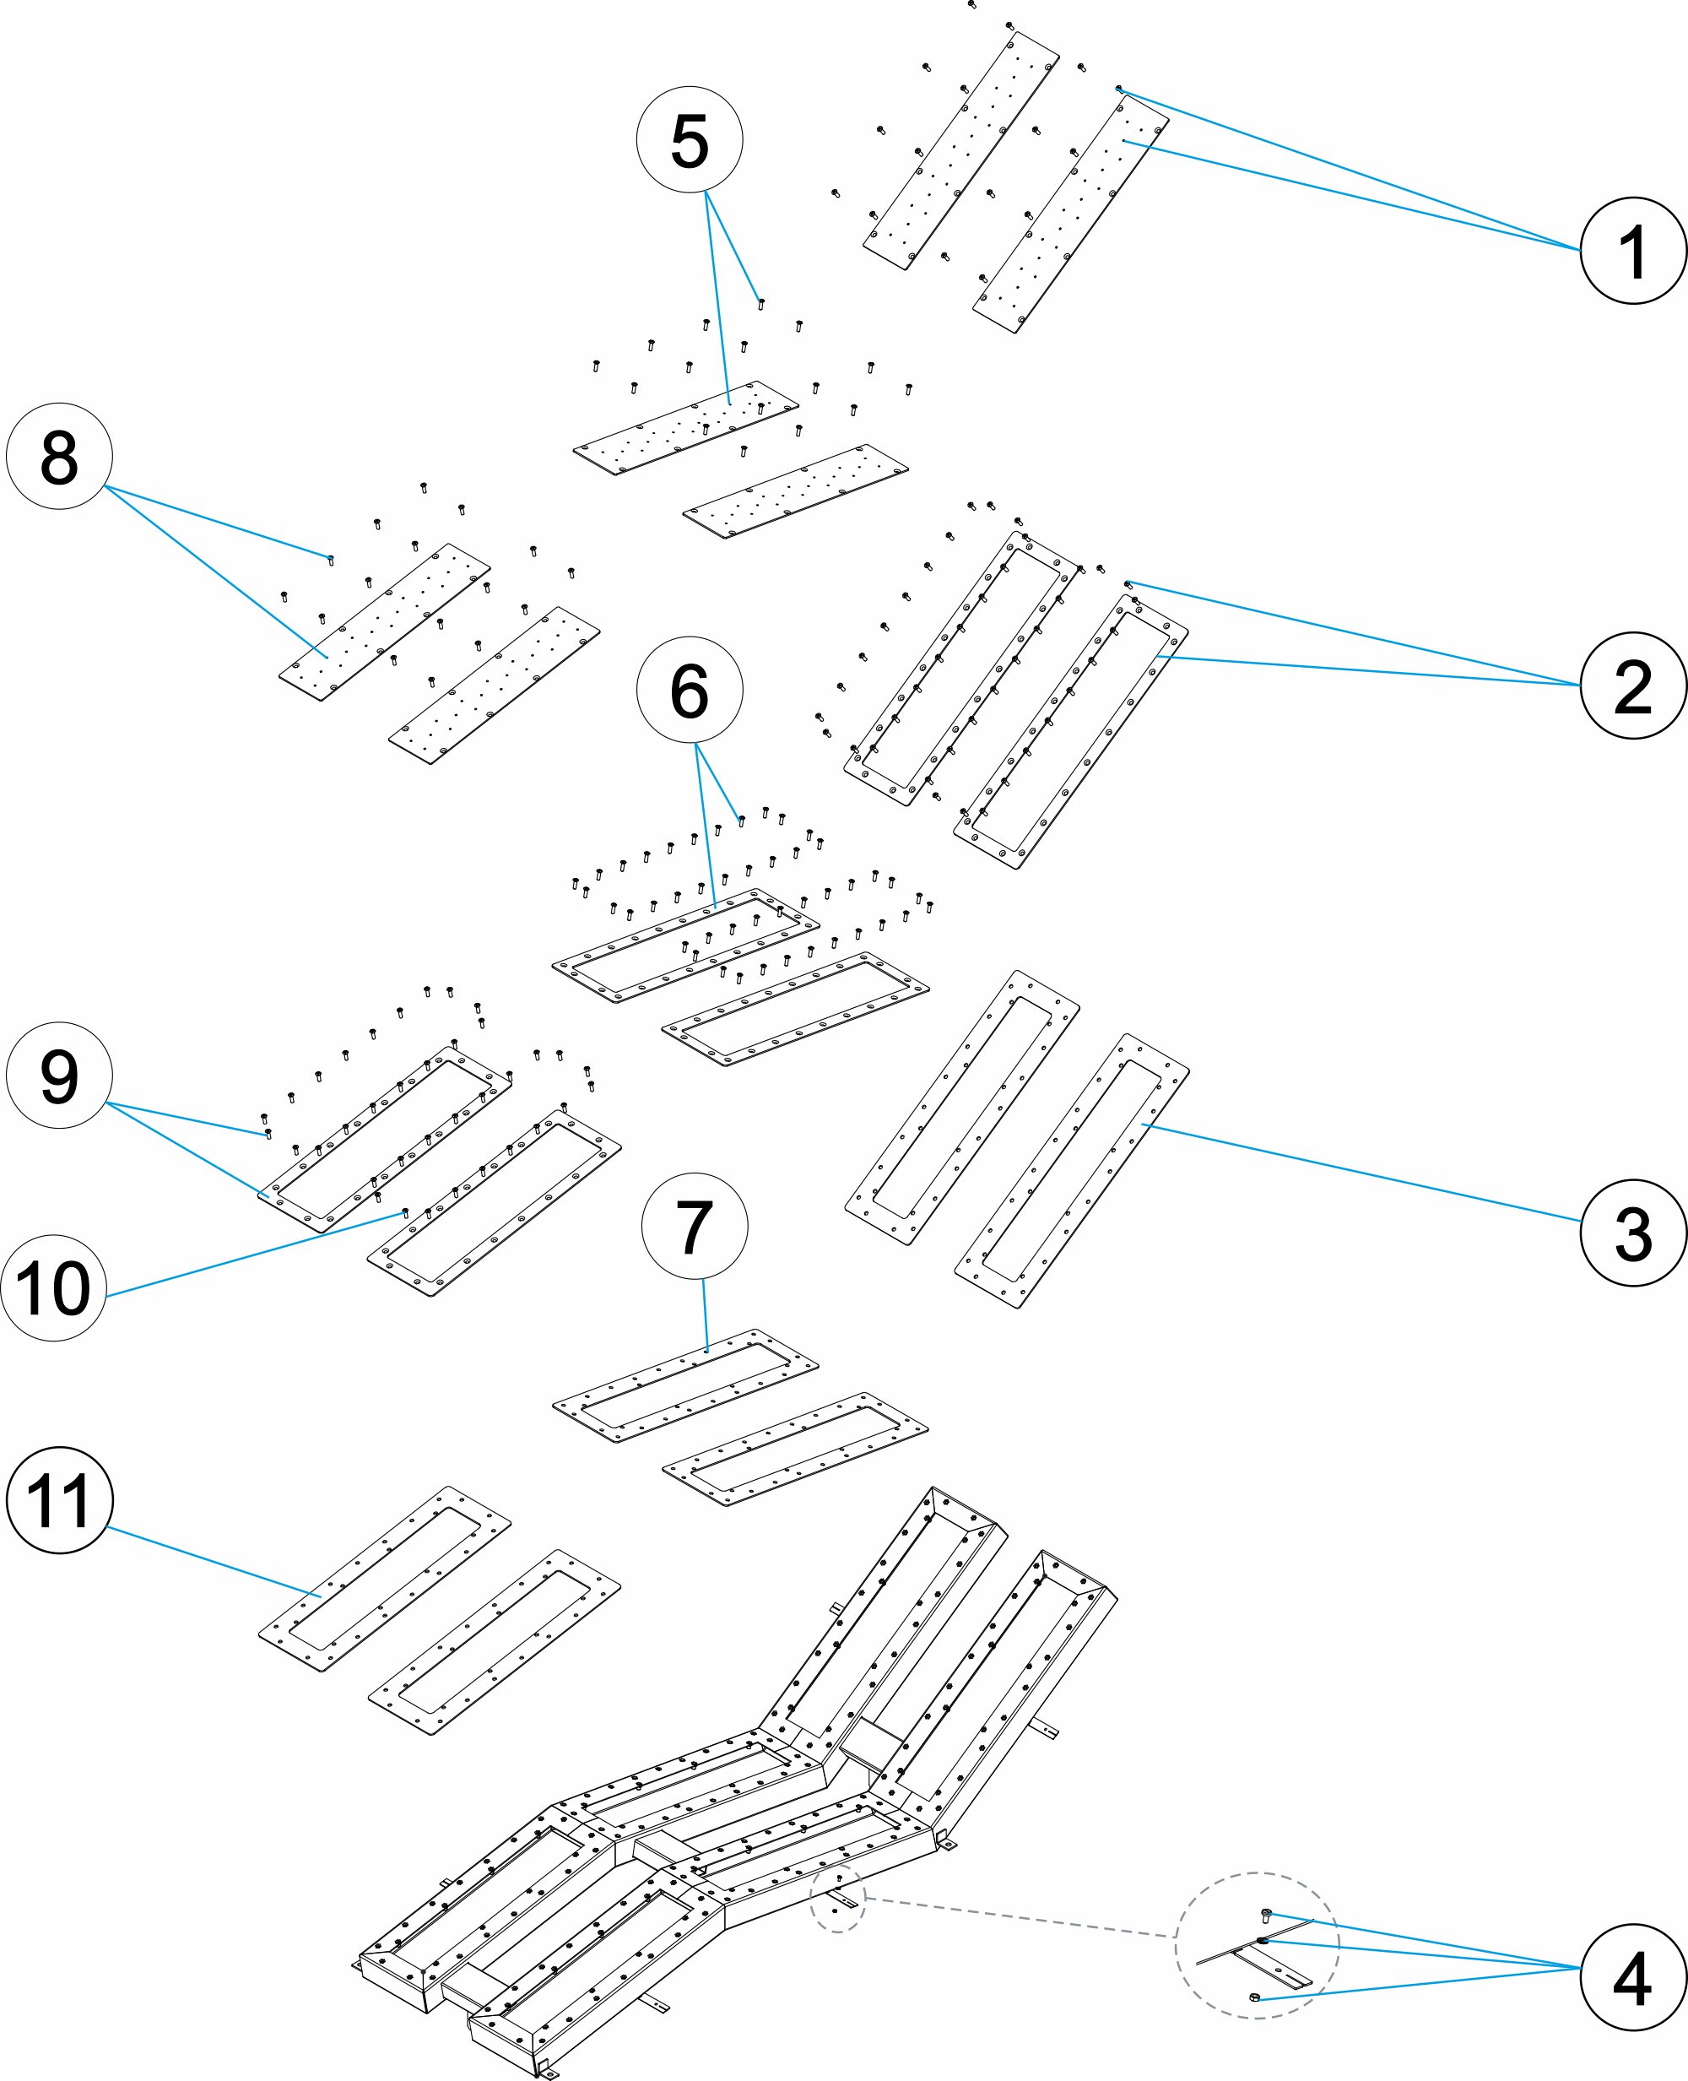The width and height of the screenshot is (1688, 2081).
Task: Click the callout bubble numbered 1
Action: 1633,251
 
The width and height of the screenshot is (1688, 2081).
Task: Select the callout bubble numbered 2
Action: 1633,686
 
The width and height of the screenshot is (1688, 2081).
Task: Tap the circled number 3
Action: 1633,1233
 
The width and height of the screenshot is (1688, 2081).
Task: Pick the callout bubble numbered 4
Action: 1633,1978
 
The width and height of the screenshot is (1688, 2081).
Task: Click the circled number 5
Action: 690,140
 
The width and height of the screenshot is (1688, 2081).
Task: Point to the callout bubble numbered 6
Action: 690,691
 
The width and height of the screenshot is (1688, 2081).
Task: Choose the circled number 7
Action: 695,1227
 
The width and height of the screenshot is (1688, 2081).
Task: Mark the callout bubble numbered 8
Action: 59,456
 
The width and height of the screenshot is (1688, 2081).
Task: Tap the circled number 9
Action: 59,1075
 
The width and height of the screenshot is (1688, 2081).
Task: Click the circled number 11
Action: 59,1500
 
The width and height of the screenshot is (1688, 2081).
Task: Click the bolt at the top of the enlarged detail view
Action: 1266,1915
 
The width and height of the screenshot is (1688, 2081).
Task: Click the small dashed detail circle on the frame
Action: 837,1898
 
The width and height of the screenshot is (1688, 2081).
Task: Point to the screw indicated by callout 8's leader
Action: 331,560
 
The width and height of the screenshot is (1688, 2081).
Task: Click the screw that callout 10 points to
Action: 405,1214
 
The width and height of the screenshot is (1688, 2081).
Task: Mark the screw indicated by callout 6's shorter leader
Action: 742,821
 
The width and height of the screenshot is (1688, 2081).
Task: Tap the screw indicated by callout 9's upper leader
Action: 268,1134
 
